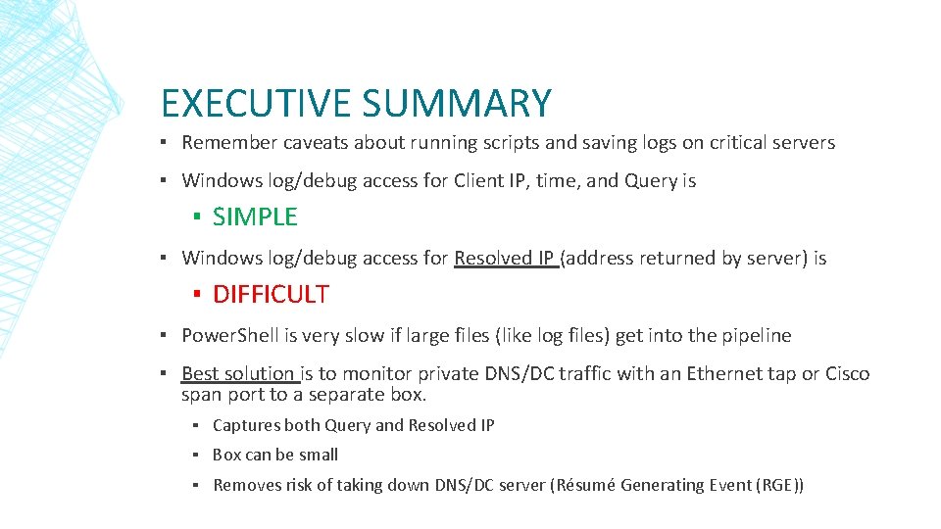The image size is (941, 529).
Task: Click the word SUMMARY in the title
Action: [456, 103]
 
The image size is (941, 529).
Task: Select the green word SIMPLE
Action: [255, 217]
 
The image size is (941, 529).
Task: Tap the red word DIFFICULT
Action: [271, 294]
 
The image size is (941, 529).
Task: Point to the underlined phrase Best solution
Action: [238, 373]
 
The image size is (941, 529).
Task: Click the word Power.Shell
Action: [230, 335]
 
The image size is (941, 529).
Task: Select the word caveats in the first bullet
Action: [316, 143]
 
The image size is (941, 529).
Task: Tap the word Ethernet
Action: [729, 373]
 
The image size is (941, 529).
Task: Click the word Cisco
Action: [848, 373]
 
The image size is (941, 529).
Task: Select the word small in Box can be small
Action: [319, 455]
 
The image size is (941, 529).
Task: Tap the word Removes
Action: [247, 485]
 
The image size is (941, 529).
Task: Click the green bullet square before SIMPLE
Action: [197, 217]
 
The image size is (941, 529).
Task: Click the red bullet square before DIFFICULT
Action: [197, 294]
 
